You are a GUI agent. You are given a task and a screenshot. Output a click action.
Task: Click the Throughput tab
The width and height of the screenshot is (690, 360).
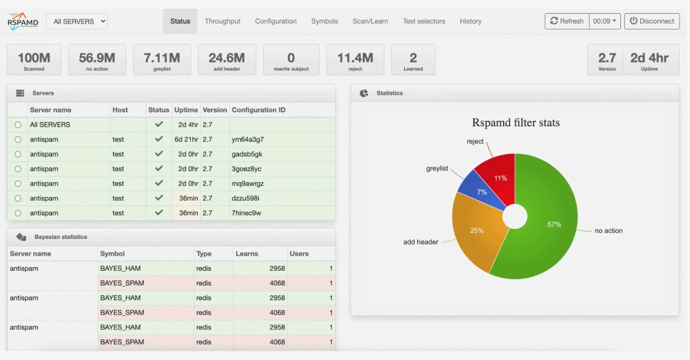[223, 21]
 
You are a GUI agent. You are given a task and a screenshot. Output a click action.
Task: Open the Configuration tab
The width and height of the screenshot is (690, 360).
[276, 21]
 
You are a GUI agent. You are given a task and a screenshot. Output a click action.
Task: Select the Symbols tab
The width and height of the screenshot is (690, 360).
[324, 21]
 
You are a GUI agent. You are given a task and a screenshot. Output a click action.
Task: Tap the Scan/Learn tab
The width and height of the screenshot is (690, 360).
[370, 21]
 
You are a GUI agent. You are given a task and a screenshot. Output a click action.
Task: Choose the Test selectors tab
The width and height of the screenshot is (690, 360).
[424, 21]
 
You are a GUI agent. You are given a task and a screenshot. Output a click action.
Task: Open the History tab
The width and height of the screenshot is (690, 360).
[470, 21]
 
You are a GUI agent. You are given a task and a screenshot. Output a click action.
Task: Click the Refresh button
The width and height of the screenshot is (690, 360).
[567, 21]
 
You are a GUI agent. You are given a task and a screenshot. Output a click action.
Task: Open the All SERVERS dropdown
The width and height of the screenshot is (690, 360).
[77, 21]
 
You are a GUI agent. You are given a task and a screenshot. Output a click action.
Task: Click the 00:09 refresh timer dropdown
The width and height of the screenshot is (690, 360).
[605, 21]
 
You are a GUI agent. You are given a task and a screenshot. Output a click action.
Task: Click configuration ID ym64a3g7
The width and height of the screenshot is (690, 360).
[248, 140]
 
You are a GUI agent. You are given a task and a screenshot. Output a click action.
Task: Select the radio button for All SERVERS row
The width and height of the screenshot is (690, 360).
[18, 125]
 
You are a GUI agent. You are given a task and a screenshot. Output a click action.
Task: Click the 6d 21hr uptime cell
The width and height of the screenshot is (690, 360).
[186, 140]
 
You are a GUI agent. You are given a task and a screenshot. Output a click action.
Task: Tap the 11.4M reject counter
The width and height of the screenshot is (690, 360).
[355, 60]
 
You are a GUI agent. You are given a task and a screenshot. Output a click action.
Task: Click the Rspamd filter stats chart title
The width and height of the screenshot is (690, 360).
[516, 123]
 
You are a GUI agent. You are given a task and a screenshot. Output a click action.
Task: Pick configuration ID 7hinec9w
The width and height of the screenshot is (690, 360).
[247, 213]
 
